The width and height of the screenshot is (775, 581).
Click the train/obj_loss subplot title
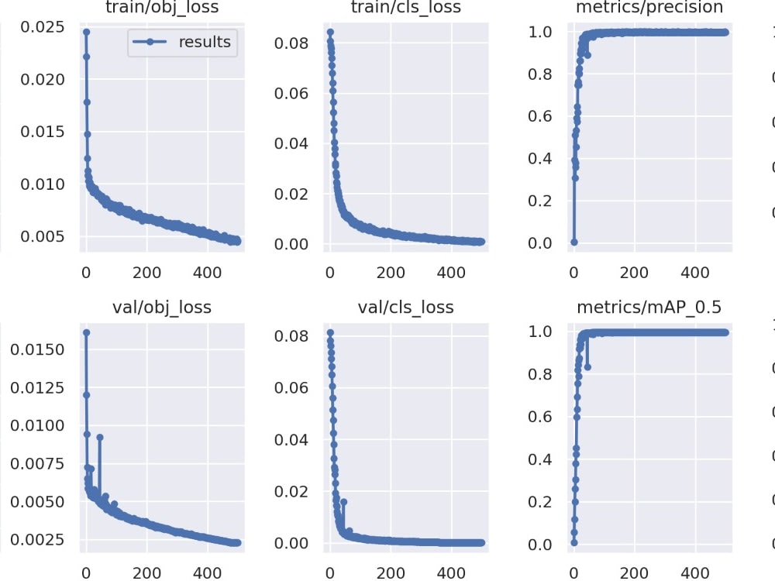click(161, 8)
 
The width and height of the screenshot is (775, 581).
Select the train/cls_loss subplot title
click(406, 8)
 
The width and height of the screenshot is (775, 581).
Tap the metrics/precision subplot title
click(649, 8)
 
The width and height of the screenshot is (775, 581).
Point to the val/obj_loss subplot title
click(161, 308)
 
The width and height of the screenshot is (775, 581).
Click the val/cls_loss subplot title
click(406, 308)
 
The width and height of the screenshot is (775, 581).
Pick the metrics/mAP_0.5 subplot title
click(649, 308)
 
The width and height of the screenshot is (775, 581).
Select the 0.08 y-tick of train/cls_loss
click(291, 43)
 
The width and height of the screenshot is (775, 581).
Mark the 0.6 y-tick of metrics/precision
click(541, 116)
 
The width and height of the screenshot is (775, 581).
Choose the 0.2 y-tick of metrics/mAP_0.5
click(541, 502)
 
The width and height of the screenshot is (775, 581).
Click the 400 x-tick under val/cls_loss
click(452, 573)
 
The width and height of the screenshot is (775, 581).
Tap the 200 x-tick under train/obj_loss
click(146, 273)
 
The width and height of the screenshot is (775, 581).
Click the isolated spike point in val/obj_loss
click(100, 437)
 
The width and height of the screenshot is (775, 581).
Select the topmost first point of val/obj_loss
click(86, 332)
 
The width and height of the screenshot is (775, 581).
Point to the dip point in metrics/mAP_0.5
click(587, 366)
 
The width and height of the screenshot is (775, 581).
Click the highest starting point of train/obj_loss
click(86, 32)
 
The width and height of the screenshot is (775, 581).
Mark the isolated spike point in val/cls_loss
click(343, 501)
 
